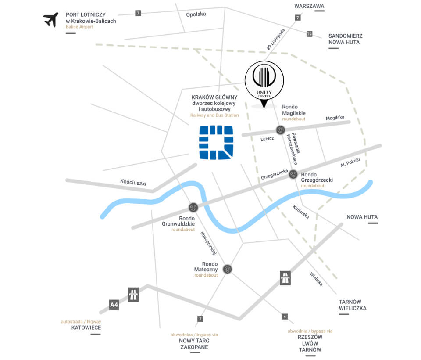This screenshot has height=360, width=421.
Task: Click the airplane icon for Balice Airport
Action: click(51, 20)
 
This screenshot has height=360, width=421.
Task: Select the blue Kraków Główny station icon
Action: click(216, 143)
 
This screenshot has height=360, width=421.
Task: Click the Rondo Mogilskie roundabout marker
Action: click(281, 130)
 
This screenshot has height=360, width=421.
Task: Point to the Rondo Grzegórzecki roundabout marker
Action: click(293, 174)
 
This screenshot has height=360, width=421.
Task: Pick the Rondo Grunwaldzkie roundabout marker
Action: click(193, 207)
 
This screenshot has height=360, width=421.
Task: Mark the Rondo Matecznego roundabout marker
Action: click(228, 269)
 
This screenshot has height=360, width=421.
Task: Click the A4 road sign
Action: click(114, 305)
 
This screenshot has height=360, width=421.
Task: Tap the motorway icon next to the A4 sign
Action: click(133, 295)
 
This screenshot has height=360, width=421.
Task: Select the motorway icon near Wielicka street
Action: click(285, 278)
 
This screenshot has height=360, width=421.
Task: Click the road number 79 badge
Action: click(309, 34)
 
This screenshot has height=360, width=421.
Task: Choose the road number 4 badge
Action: click(285, 317)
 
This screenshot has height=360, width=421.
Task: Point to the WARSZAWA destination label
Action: click(309, 6)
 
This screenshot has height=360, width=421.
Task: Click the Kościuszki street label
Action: click(133, 182)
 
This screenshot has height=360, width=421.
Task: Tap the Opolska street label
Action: click(196, 14)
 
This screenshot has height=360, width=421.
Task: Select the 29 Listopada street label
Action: click(275, 39)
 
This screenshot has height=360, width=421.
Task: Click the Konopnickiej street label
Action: click(208, 243)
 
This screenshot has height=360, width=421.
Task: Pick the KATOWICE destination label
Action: click(86, 328)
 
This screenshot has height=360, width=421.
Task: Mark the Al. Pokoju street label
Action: click(350, 162)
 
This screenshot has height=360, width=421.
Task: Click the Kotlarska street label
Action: click(301, 212)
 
